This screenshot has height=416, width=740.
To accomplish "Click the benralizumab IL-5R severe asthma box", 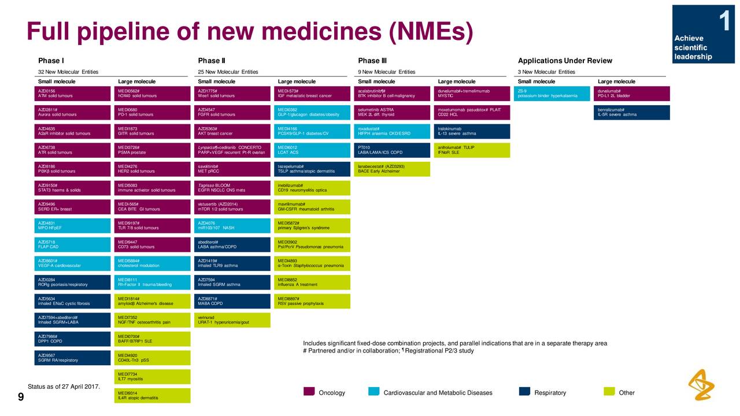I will [x=632, y=112].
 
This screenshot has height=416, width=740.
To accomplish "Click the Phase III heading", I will [x=372, y=61].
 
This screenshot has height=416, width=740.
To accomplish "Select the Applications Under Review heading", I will [x=564, y=61].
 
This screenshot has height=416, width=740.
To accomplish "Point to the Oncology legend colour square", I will [x=309, y=392].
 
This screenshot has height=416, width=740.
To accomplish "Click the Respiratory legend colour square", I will [x=524, y=392].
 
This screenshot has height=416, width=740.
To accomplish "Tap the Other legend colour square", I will [x=609, y=392].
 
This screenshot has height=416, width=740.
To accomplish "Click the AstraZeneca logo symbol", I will [x=701, y=384].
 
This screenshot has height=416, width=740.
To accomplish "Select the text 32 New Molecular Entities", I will [x=68, y=72].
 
